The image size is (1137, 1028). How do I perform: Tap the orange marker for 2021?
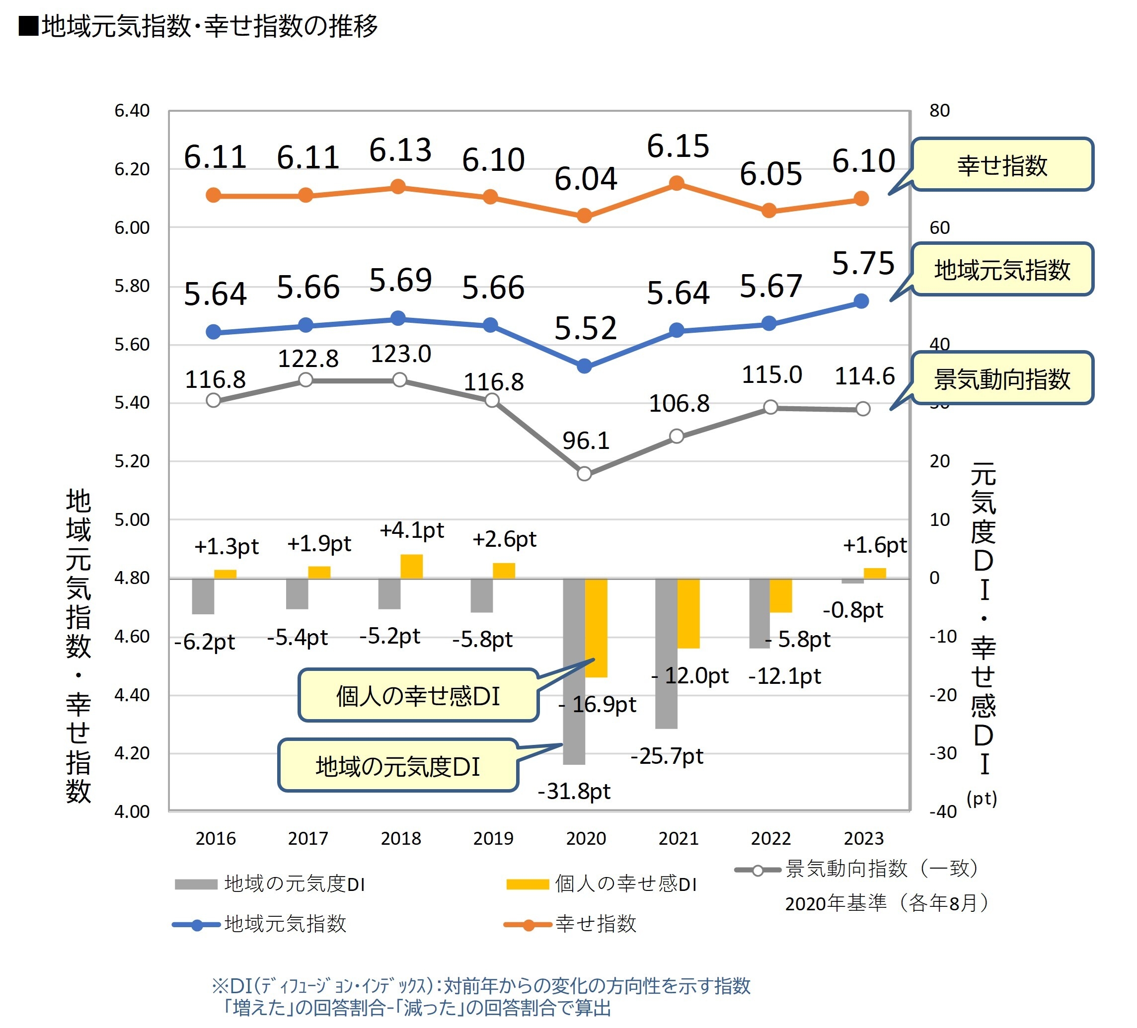tap(676, 183)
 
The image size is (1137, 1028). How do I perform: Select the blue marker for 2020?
tap(584, 367)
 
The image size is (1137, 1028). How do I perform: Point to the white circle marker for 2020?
tap(584, 474)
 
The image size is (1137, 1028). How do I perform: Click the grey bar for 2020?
tap(574, 671)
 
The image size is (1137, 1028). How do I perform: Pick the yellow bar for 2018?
tap(411, 566)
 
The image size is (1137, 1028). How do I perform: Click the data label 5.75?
tap(863, 263)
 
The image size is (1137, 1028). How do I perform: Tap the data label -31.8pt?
tap(574, 791)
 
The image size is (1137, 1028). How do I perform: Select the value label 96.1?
tap(586, 441)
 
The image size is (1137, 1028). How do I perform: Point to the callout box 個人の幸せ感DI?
tap(418, 695)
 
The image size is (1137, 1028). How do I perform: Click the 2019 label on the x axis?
tap(493, 838)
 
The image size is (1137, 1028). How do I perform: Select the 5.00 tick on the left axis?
tap(132, 519)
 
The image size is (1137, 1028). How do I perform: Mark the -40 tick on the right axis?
tap(943, 811)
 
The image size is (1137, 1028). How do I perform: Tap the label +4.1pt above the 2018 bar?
tap(412, 530)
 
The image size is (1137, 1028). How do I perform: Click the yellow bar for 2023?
tap(874, 574)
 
